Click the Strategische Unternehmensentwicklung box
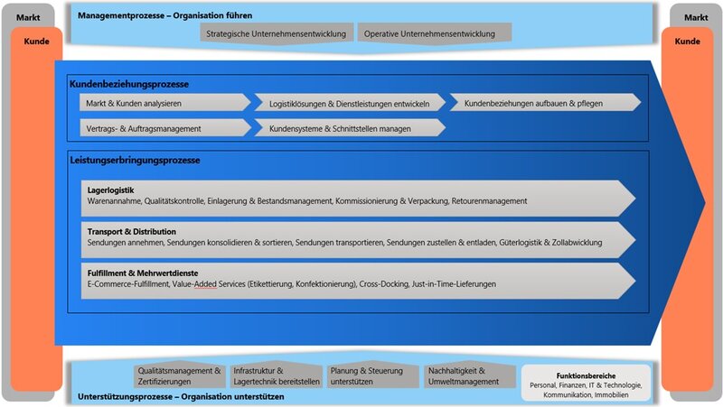(277, 34)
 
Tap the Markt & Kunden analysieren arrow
(164, 103)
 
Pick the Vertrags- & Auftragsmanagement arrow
(164, 128)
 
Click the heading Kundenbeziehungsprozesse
(128, 84)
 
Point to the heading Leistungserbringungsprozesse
(135, 160)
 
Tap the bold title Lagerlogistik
(110, 190)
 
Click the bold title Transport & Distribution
(132, 231)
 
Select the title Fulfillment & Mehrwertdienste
(143, 273)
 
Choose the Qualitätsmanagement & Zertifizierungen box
(179, 375)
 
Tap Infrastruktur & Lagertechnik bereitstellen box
(277, 375)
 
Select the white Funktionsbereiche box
(586, 383)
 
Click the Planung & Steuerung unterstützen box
(371, 375)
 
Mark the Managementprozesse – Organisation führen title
(165, 15)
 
